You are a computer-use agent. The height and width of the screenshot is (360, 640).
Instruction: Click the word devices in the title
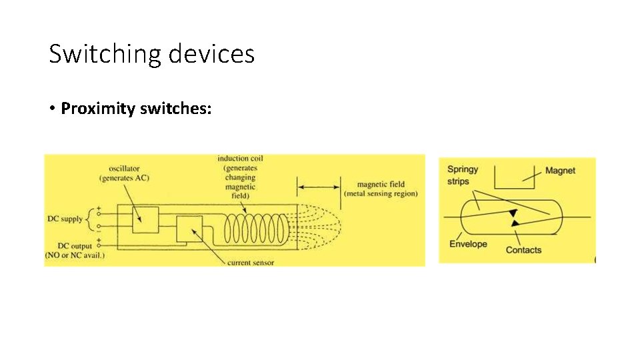[212, 53]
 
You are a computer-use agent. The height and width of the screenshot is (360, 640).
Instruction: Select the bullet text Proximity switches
[136, 108]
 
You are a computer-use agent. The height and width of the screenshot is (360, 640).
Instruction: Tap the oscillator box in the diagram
[145, 219]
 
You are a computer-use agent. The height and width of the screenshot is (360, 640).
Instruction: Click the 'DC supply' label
[65, 219]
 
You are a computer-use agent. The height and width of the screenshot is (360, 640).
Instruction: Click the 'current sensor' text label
[250, 263]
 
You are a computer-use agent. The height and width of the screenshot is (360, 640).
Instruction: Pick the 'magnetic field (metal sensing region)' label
[381, 189]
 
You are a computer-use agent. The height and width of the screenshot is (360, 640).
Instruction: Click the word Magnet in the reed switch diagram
[560, 171]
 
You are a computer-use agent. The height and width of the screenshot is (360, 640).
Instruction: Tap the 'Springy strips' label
[463, 175]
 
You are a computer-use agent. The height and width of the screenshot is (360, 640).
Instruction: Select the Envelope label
[468, 244]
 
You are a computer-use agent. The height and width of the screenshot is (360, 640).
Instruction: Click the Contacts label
[523, 250]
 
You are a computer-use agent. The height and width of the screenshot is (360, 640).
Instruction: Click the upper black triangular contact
[513, 213]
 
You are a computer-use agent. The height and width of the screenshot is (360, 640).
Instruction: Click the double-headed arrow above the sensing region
[319, 187]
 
